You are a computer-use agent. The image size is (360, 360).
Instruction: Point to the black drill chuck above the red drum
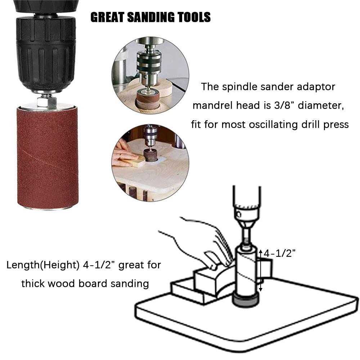coord(46,50)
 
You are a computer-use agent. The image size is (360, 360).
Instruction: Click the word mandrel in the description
coord(213,105)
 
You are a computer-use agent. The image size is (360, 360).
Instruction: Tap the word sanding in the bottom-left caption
coord(128,283)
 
